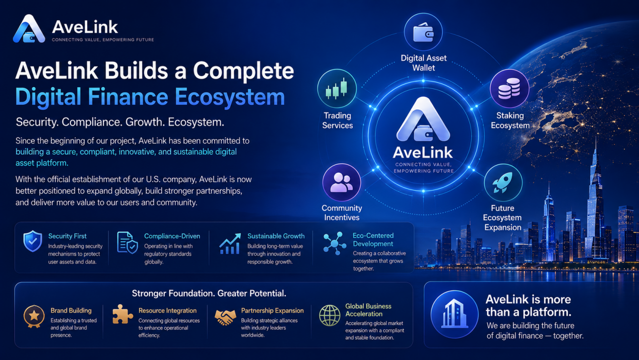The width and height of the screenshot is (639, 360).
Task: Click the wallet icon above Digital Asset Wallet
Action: click(423, 32)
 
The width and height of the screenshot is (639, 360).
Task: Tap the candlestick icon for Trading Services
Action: click(337, 88)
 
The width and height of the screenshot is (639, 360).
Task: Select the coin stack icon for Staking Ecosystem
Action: click(509, 89)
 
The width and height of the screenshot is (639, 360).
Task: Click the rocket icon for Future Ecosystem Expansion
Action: click(502, 182)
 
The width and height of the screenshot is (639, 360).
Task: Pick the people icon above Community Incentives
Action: click(342, 182)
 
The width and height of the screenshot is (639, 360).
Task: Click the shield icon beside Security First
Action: click(33, 241)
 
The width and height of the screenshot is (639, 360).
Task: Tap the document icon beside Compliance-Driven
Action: click(127, 243)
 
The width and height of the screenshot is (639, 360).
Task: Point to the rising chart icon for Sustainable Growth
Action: click(230, 244)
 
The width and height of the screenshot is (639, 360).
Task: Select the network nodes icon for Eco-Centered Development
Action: click(335, 243)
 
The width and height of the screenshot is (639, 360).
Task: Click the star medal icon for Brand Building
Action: click(34, 316)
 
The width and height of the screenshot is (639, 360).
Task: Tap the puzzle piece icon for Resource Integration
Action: click(122, 314)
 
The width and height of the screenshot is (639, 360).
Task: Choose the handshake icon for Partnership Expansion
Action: click(225, 317)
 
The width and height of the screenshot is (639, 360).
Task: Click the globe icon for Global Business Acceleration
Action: click(330, 316)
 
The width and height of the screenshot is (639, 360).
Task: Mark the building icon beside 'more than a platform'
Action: click(454, 314)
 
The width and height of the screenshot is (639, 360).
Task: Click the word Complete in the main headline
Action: click(243, 71)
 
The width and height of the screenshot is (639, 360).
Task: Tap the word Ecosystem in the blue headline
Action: click(230, 97)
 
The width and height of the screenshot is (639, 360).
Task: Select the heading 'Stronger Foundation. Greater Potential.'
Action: click(209, 293)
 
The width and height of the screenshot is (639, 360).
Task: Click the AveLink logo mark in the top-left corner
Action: click(29, 29)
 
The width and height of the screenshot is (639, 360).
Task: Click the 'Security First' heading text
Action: click(68, 236)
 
